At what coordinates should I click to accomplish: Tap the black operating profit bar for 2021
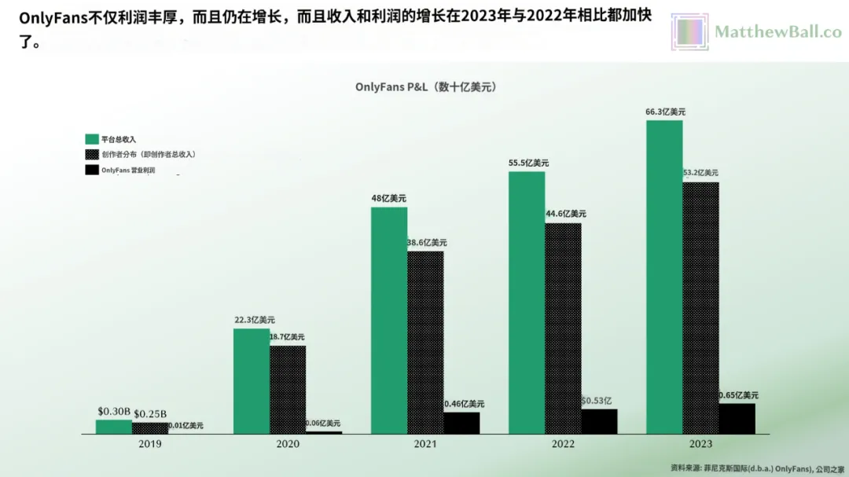coord(461,423)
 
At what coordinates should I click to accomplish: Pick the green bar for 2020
coord(252,381)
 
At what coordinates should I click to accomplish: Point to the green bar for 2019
coord(114,427)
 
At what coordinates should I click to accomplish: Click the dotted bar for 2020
coord(288,390)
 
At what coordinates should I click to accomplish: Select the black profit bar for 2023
coord(737,418)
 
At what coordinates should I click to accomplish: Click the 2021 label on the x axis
coord(425,444)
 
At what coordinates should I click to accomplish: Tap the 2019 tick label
coord(149,444)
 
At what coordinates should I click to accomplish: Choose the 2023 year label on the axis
coord(700,444)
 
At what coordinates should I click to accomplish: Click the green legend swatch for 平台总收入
coord(91,139)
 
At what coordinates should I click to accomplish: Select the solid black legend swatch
coord(91,170)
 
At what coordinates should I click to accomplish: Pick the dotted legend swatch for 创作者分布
coord(91,154)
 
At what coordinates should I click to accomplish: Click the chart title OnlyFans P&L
coord(425,87)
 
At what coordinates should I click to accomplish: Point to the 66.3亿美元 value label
coord(665,112)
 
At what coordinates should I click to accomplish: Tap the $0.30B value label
coord(114,411)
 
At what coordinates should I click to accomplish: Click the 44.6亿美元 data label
coord(566,214)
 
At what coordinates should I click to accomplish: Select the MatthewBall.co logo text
coord(777,32)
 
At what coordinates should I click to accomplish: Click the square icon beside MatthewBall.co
coord(690,32)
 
